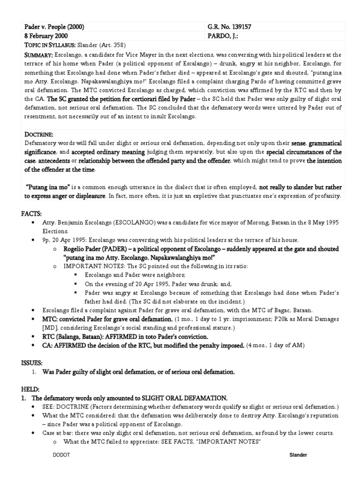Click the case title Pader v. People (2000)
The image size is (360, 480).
[53, 28]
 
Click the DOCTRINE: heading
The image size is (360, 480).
[37, 134]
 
